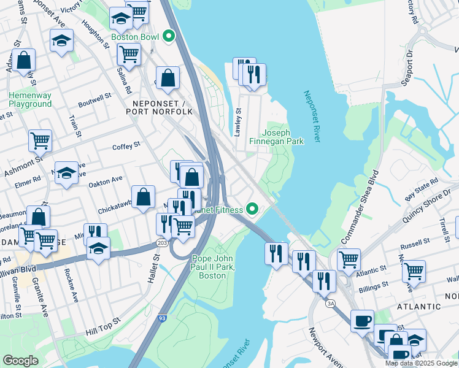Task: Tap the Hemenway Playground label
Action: [30, 100]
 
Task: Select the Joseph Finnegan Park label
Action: [283, 137]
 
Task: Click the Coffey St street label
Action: [126, 145]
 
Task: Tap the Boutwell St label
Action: [94, 96]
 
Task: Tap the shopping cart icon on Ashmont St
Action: [40, 140]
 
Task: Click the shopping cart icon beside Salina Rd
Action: [129, 53]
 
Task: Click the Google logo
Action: [21, 361]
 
